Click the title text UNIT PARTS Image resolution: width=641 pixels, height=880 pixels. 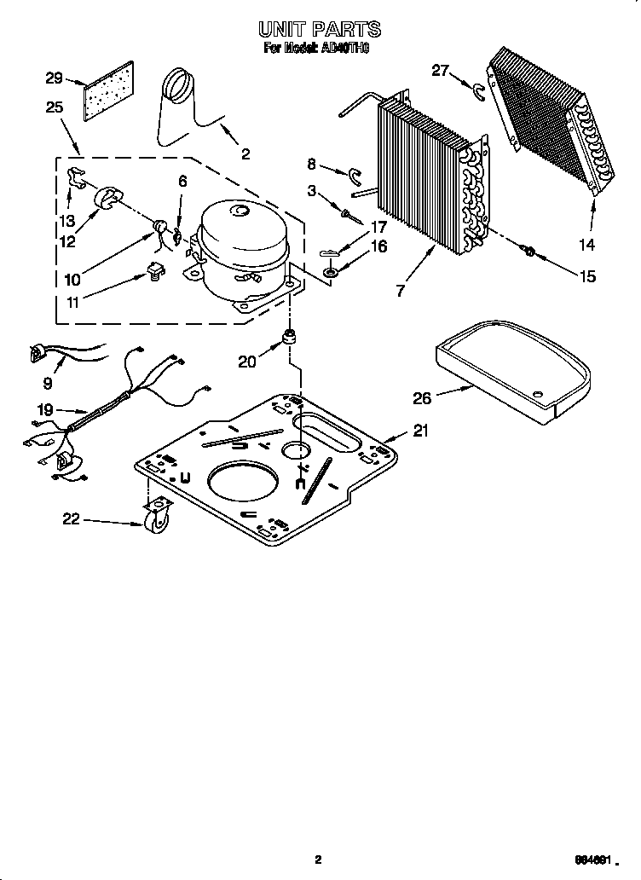click(320, 31)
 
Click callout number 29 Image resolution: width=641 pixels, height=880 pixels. click(54, 78)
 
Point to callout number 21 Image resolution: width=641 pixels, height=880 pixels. click(420, 431)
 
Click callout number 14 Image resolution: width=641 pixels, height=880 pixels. click(587, 245)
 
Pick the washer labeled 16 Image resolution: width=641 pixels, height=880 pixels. click(329, 272)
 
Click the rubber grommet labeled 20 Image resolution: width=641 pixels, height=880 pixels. click(291, 337)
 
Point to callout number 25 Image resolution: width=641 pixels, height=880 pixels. click(55, 107)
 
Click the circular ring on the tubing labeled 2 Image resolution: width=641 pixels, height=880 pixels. click(180, 83)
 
